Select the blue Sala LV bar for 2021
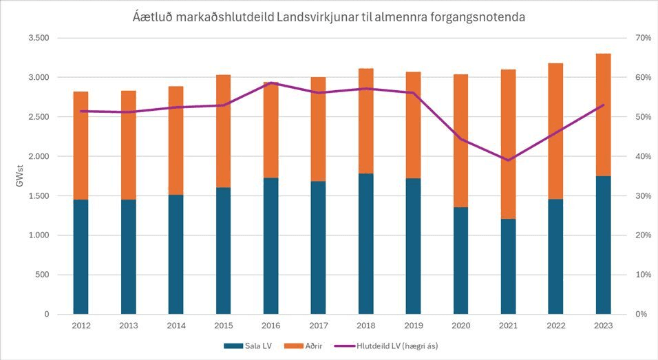click(x=508, y=266)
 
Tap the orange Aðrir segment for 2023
click(x=603, y=115)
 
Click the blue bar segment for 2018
click(x=366, y=244)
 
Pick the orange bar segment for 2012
click(x=81, y=146)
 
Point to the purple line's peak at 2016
click(x=271, y=83)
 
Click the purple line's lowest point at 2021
click(x=508, y=160)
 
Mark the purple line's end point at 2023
click(x=604, y=105)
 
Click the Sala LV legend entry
click(x=248, y=346)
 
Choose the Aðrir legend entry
click(x=304, y=346)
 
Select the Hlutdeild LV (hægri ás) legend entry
click(x=386, y=346)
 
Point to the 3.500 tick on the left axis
click(x=39, y=38)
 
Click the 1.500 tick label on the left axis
click(x=39, y=196)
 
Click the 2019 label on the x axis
click(x=414, y=326)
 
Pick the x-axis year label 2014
click(x=176, y=326)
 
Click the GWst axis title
click(x=20, y=176)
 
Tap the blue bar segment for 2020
click(x=460, y=261)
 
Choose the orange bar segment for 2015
click(x=224, y=131)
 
